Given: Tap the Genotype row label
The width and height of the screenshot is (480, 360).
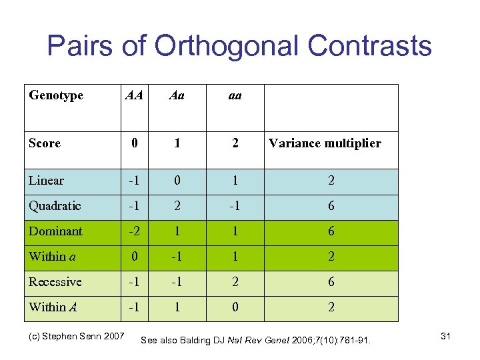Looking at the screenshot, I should click(56, 95).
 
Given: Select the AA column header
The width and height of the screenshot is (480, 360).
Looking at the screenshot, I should click(134, 95).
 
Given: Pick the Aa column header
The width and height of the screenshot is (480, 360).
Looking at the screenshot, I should click(177, 95).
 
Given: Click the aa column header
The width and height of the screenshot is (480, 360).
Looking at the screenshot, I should click(235, 95).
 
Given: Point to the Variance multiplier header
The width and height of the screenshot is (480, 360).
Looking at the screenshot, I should click(325, 143).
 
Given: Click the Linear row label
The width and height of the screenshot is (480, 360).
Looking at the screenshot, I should click(47, 181).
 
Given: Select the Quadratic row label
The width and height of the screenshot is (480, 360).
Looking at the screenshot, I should click(55, 206).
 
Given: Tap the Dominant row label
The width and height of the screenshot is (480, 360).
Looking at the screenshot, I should click(55, 231).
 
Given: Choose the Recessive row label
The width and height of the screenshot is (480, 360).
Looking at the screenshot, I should click(55, 282).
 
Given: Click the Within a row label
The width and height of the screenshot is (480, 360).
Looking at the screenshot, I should click(51, 257).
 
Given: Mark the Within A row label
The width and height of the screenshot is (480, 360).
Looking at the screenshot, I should click(52, 307).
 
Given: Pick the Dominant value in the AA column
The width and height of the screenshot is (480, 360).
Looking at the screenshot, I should click(134, 231).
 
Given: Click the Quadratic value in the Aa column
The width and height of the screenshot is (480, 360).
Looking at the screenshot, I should click(177, 206).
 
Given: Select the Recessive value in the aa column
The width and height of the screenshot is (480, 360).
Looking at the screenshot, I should click(235, 282).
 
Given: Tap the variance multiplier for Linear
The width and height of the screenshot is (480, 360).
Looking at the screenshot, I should click(331, 181).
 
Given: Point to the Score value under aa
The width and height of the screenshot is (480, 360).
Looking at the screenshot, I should click(235, 143).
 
